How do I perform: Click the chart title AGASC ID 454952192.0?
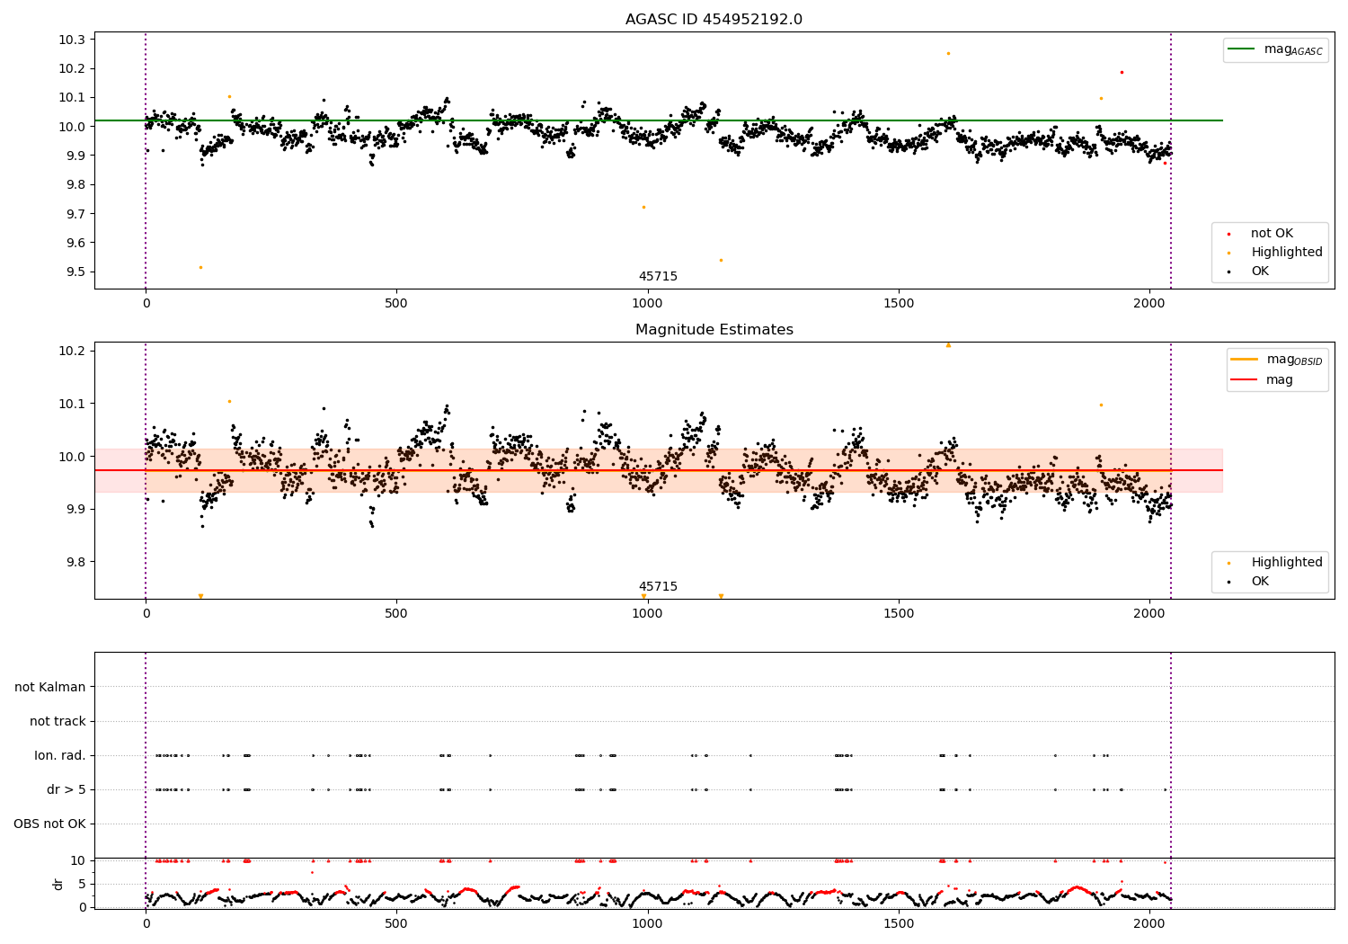click(714, 20)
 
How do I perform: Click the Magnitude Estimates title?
click(714, 330)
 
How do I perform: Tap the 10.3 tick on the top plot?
click(72, 40)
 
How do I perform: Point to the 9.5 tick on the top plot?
click(75, 272)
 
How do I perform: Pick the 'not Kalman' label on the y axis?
click(50, 687)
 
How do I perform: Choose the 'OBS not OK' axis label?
click(49, 824)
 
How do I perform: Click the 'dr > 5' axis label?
click(66, 789)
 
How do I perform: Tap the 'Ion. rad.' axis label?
click(60, 755)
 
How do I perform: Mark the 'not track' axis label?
click(58, 721)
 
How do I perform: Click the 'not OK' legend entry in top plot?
click(1271, 234)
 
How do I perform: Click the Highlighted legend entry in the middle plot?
click(1286, 563)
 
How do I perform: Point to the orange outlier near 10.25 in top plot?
click(948, 53)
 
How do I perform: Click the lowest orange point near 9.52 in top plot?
click(200, 267)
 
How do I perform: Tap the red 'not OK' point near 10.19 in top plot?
click(1122, 72)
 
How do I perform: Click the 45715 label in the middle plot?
click(658, 587)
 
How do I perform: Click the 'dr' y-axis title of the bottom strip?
click(58, 884)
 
